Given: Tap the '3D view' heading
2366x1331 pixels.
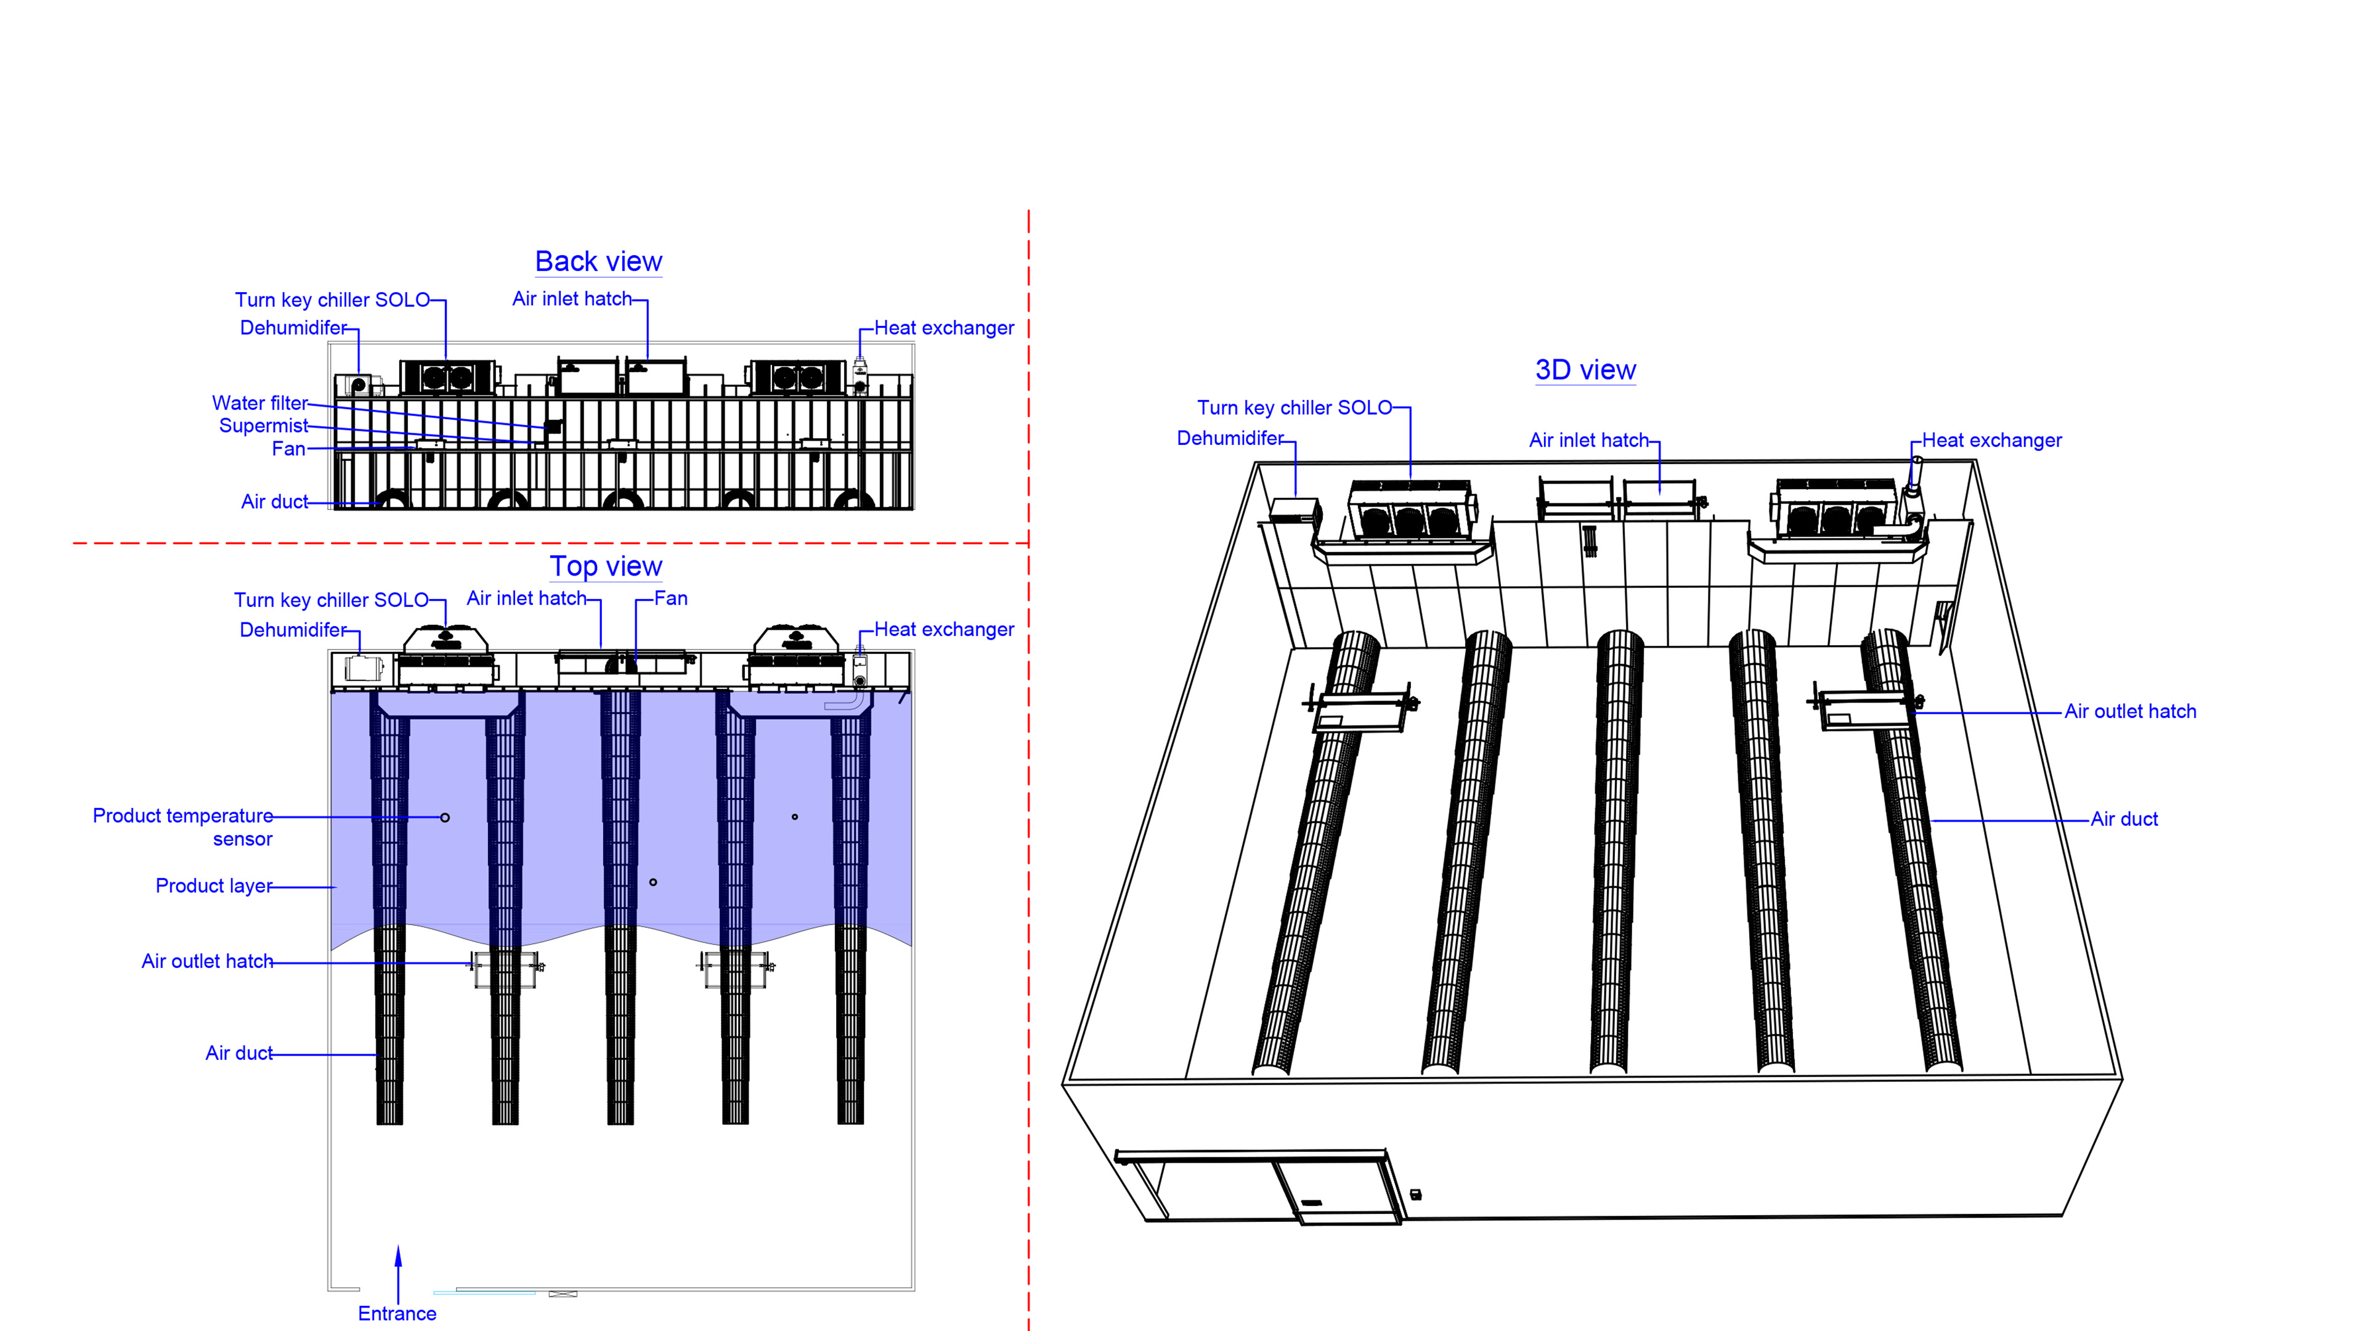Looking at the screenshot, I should tap(1585, 370).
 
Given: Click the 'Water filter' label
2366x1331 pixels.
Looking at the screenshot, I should tap(259, 403).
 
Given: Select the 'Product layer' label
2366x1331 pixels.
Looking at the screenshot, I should tap(213, 887).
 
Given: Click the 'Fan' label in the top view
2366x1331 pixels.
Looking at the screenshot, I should tap(670, 599).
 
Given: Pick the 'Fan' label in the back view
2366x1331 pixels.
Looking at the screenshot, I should tap(288, 449).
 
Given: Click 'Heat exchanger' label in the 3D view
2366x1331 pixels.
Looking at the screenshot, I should tap(1991, 441).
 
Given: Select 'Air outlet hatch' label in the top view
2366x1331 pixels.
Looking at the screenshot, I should tap(206, 962).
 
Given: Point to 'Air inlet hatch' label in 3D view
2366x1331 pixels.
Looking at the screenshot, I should tap(1588, 441).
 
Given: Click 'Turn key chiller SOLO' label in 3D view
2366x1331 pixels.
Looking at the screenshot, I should tap(1294, 408).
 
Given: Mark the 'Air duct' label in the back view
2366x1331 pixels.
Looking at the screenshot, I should tap(274, 502).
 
